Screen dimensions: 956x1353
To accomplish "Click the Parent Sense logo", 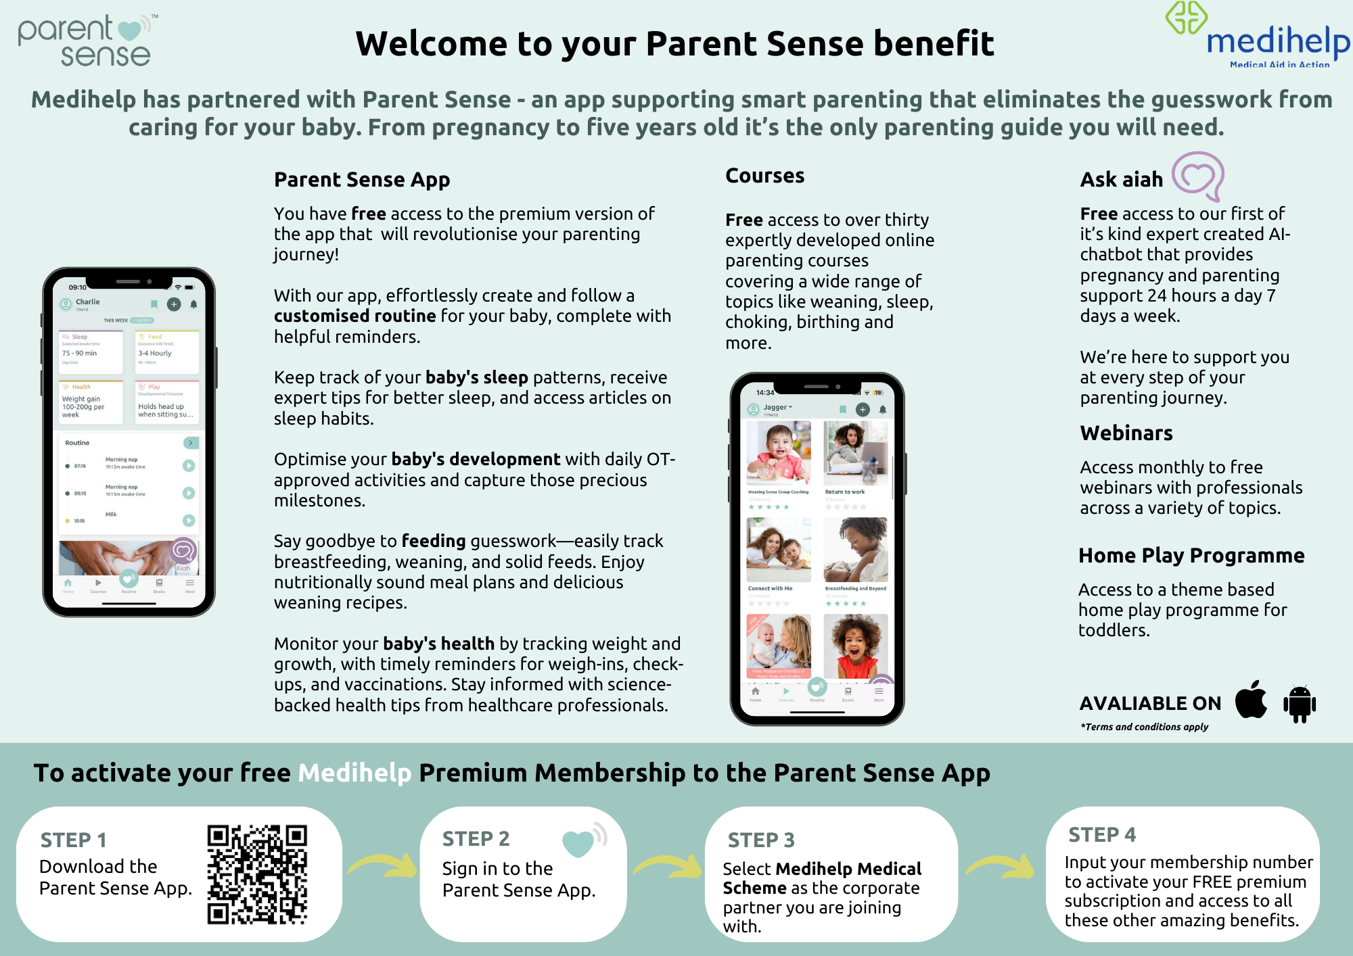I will tap(86, 41).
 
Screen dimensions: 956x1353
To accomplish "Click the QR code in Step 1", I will tap(257, 874).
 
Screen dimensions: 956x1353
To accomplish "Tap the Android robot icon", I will tap(1299, 703).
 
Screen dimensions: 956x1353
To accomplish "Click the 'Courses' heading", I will tap(764, 176).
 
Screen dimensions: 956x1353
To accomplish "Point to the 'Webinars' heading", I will tap(1126, 433).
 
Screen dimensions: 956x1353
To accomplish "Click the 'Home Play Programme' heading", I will tap(1191, 555).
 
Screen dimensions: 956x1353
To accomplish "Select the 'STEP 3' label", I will tap(761, 840).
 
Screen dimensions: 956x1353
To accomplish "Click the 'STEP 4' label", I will tap(1101, 835).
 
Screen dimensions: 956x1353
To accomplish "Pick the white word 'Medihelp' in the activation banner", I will tap(354, 773).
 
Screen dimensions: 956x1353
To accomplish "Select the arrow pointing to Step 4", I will tap(1001, 867).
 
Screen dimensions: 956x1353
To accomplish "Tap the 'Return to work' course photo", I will tap(855, 453).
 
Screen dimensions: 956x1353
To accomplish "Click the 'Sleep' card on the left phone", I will tap(91, 352).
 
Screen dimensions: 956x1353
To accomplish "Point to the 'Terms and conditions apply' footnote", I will tap(1144, 727).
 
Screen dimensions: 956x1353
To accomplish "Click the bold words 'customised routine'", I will tap(354, 316).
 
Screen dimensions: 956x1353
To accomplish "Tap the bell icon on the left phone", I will tap(193, 305).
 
